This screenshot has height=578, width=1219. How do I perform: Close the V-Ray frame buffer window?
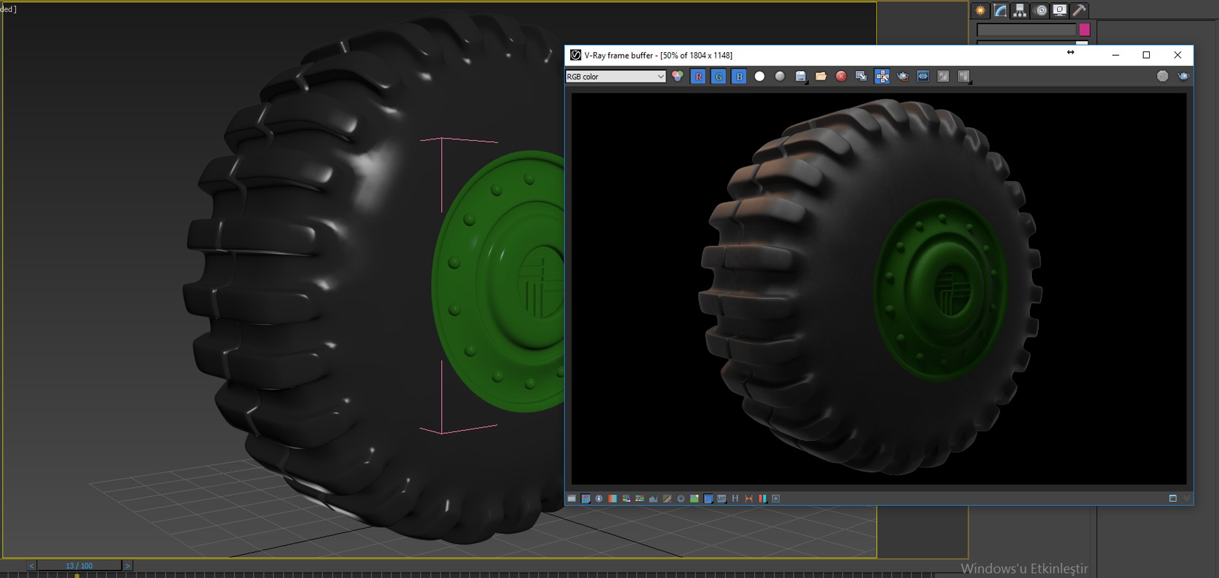[x=1177, y=55]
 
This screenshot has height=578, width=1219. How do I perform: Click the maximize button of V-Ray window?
[x=1146, y=55]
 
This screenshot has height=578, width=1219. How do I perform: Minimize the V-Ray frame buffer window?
[x=1116, y=55]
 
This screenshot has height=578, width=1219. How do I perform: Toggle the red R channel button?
[x=698, y=76]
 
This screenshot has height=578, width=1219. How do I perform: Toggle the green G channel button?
[x=719, y=76]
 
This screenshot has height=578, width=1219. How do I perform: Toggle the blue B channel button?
[x=739, y=76]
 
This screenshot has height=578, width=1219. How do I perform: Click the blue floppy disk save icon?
[x=801, y=76]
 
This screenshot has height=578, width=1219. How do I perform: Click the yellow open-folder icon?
[x=821, y=76]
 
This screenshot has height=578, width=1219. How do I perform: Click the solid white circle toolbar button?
[x=759, y=76]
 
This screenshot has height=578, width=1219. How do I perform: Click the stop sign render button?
[x=841, y=76]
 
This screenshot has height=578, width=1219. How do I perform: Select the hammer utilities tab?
[x=1079, y=10]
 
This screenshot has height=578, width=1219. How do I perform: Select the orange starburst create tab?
[x=981, y=10]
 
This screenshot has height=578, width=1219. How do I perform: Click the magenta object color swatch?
[x=1084, y=29]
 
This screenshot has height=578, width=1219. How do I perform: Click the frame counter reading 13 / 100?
[x=79, y=565]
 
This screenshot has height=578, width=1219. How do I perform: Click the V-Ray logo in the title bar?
[x=575, y=55]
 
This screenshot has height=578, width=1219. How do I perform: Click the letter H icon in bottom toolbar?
[x=735, y=499]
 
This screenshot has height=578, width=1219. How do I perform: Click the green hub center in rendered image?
[x=950, y=291]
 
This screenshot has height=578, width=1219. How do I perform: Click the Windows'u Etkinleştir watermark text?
[x=1024, y=568]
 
